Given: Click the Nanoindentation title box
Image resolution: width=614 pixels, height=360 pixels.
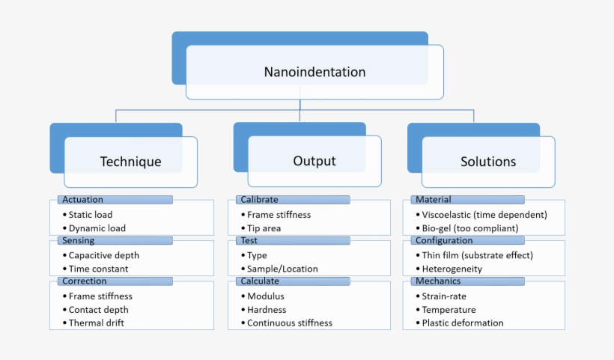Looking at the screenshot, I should pyautogui.click(x=314, y=73).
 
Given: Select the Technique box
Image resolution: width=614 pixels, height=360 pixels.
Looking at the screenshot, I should pyautogui.click(x=130, y=162).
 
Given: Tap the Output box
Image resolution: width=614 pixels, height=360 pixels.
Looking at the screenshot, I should pyautogui.click(x=314, y=161).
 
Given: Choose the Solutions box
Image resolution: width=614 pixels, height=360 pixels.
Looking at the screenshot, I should pyautogui.click(x=487, y=162).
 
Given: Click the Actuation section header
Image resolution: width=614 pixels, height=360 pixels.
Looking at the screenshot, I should pyautogui.click(x=115, y=200).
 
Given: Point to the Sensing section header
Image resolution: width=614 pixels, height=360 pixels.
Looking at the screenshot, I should pyautogui.click(x=115, y=241).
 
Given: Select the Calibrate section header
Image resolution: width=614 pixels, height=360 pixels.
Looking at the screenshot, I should pyautogui.click(x=292, y=200).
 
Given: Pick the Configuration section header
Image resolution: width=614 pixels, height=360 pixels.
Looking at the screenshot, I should pyautogui.click(x=468, y=241).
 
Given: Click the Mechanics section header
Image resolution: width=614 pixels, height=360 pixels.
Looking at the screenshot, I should pyautogui.click(x=468, y=281).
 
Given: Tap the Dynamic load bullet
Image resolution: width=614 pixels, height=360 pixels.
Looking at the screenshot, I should pyautogui.click(x=97, y=228).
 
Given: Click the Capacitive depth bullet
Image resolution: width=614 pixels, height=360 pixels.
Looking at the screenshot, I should pyautogui.click(x=103, y=255).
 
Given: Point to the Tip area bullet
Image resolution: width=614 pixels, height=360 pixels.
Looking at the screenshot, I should pyautogui.click(x=264, y=228).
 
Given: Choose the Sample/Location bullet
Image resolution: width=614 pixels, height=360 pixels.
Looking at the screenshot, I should pyautogui.click(x=282, y=269).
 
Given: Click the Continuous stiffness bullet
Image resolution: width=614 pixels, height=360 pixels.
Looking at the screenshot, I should pyautogui.click(x=289, y=323).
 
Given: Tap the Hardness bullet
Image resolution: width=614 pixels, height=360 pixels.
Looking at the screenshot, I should pyautogui.click(x=267, y=310).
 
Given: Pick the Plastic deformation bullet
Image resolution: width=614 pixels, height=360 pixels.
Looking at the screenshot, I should pyautogui.click(x=462, y=323).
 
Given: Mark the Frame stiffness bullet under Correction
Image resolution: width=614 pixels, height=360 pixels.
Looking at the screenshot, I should pyautogui.click(x=100, y=296).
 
